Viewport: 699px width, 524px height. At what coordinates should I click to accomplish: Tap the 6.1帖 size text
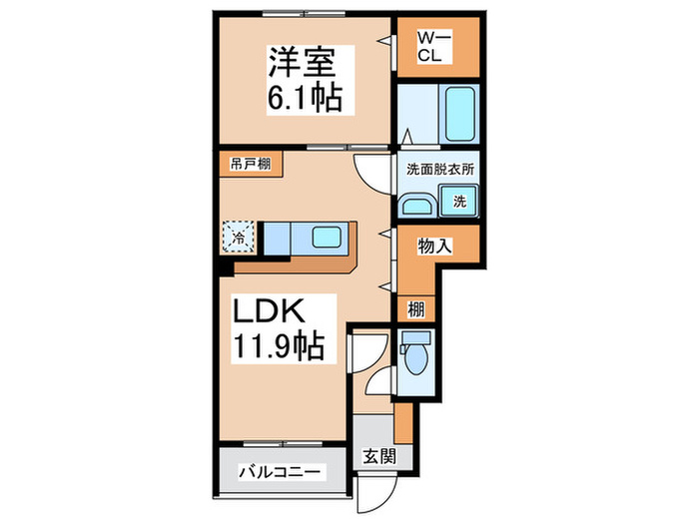point(306,98)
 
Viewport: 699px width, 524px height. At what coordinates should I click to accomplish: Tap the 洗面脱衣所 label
point(440,170)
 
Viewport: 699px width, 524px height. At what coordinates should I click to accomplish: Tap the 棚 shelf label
point(414,309)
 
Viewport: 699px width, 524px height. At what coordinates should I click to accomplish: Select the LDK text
point(270,311)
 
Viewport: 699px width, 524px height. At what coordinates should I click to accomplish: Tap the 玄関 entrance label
point(376,455)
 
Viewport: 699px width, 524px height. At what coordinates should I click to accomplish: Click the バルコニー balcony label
point(279,471)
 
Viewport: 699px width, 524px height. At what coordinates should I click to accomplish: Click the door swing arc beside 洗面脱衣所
point(368,177)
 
